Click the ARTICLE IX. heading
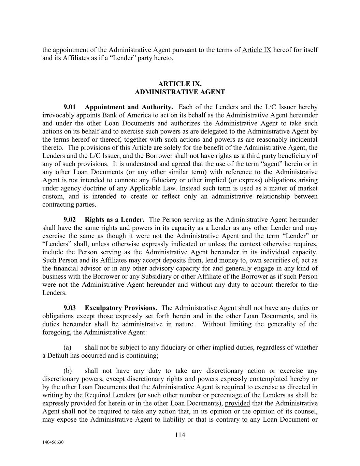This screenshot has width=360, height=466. tap(180, 84)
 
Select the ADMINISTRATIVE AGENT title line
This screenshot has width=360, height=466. tap(180, 92)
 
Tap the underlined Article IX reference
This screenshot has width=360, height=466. tap(257, 50)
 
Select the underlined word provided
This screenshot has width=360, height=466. tap(237, 403)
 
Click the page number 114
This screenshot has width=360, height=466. tap(180, 435)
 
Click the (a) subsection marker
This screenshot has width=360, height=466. tap(68, 348)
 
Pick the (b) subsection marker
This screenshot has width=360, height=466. tap(68, 371)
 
